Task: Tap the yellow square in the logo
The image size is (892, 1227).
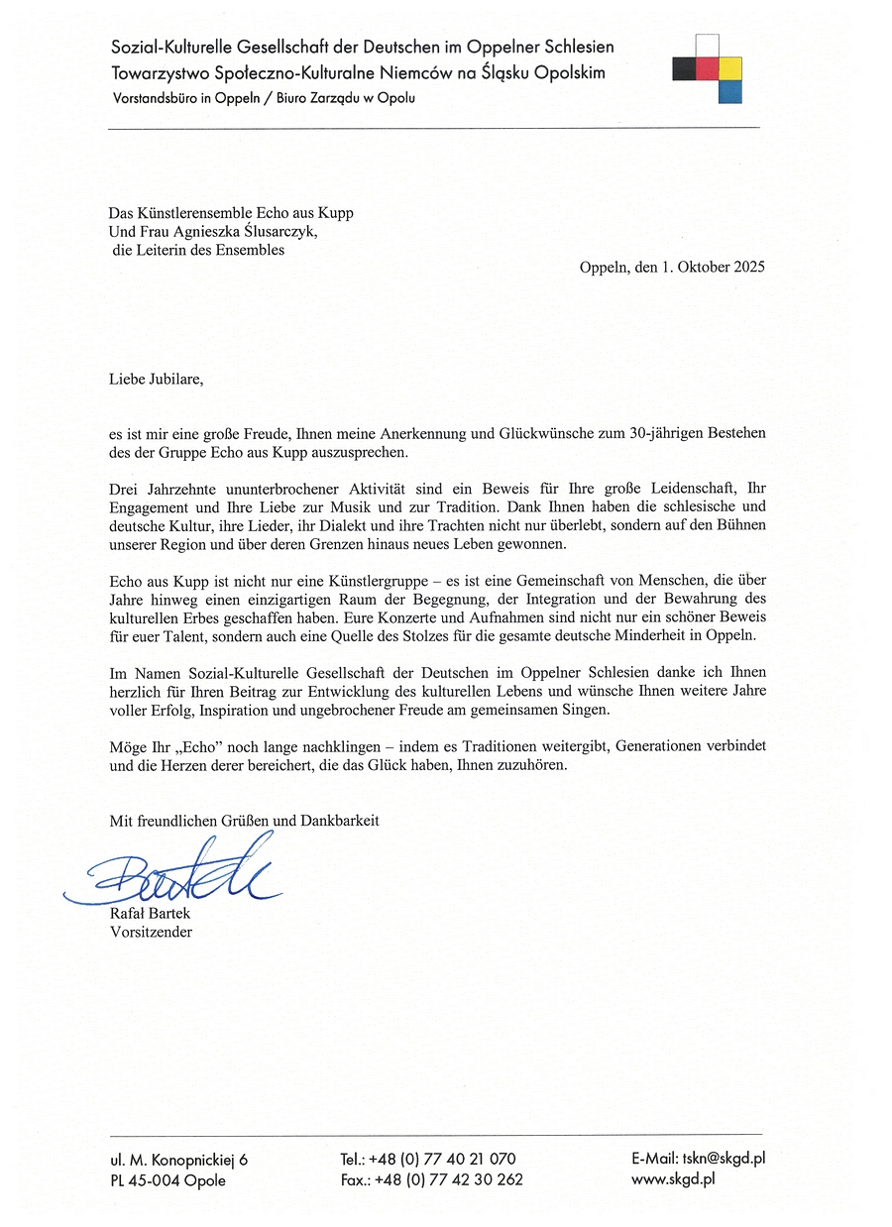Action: pyautogui.click(x=730, y=68)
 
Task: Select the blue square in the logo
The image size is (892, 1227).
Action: pyautogui.click(x=730, y=92)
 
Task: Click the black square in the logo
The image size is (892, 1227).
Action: pyautogui.click(x=683, y=68)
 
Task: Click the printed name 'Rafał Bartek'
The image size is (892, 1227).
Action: pyautogui.click(x=150, y=914)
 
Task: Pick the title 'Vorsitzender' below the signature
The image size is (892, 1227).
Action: pyautogui.click(x=151, y=932)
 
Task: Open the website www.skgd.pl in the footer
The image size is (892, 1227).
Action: pyautogui.click(x=673, y=1179)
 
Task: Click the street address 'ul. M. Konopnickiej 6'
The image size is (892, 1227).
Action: pyautogui.click(x=179, y=1159)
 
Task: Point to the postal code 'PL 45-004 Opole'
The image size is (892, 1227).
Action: pyautogui.click(x=167, y=1180)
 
